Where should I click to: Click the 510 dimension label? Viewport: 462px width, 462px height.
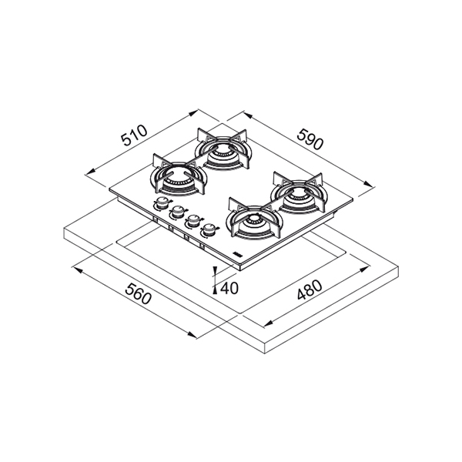[134, 136]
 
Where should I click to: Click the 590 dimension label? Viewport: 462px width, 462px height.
[310, 139]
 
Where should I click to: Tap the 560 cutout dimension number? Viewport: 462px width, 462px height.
[138, 293]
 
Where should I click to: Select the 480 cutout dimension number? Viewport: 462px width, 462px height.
[310, 290]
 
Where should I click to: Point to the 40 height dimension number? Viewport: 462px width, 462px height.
[229, 288]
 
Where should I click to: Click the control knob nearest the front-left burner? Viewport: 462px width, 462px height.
[161, 203]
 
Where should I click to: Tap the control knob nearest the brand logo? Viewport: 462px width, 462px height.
[209, 229]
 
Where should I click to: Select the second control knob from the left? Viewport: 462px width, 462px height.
[177, 212]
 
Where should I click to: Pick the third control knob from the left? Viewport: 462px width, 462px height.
[193, 220]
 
